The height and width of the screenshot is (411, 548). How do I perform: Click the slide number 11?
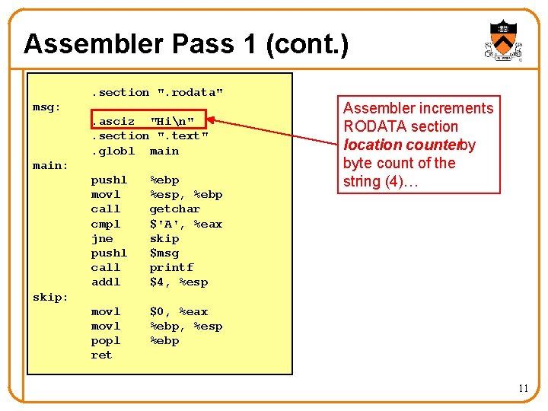[523, 389]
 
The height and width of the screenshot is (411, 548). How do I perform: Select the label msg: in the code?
[46, 107]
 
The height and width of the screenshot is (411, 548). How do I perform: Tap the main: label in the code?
[50, 165]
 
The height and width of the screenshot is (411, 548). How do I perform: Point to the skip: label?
[50, 297]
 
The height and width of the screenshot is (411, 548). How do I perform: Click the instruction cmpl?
[106, 224]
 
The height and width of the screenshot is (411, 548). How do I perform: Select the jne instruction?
[102, 238]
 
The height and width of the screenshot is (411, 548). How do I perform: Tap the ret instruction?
[101, 355]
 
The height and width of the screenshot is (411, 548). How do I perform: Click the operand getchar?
[175, 209]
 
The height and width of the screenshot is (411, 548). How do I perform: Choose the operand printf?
[171, 268]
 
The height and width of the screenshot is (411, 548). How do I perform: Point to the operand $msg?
[164, 253]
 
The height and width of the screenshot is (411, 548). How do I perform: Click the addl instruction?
[106, 282]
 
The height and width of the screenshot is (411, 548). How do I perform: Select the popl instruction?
[106, 341]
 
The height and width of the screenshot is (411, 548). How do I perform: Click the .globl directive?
[113, 151]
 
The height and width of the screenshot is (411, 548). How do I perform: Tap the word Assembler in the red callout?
[377, 108]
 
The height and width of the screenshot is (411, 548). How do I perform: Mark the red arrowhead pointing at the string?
[213, 119]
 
